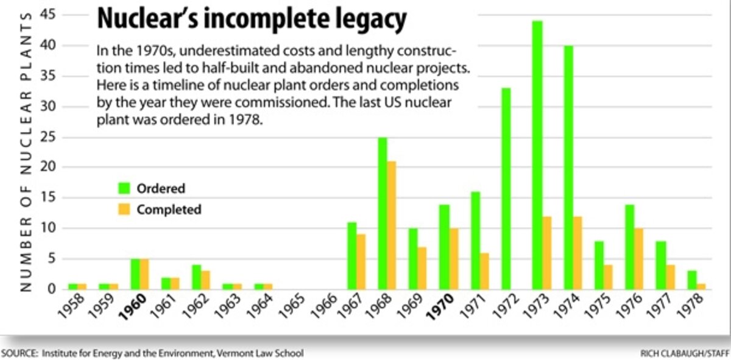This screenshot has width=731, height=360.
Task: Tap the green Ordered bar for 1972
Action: pos(506,189)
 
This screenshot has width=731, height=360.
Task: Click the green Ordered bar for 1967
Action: pos(351,256)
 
